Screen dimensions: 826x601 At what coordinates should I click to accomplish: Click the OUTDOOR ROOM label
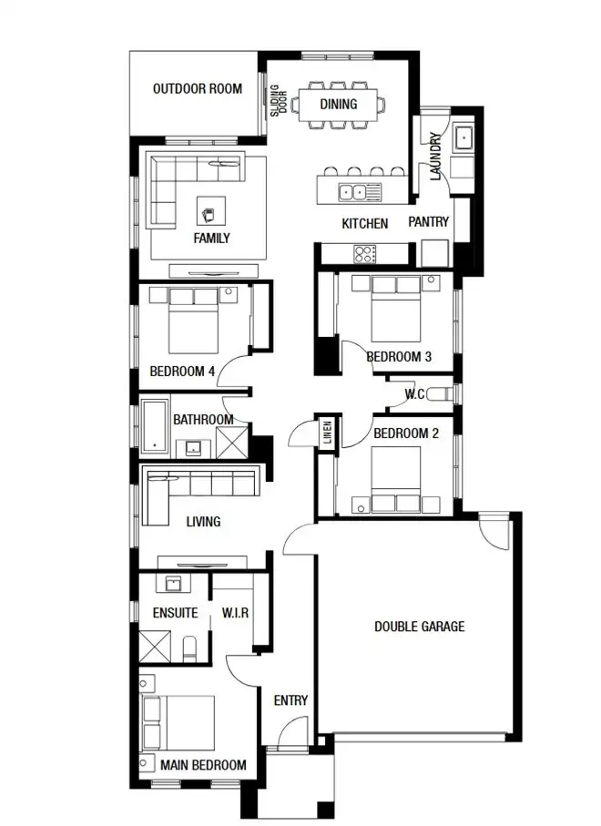(197, 89)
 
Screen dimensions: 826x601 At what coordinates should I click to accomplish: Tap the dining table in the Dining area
(338, 104)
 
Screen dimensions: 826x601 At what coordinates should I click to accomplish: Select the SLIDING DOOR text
(278, 103)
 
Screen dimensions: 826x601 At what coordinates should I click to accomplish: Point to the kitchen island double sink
(352, 191)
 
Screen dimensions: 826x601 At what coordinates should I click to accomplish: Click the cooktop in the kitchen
(365, 254)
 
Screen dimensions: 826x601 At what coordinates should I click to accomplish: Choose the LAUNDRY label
(436, 156)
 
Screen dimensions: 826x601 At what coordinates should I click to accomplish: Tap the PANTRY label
(427, 222)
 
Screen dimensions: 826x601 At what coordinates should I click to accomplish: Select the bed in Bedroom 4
(192, 323)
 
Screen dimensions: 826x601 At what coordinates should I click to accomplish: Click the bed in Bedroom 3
(395, 312)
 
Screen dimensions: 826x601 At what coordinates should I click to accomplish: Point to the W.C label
(414, 394)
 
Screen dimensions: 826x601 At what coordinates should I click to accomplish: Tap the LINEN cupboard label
(325, 433)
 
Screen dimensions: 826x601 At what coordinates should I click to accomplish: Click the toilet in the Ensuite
(188, 649)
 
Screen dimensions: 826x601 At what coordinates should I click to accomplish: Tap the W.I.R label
(236, 613)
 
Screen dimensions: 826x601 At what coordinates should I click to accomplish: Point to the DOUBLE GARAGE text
(419, 627)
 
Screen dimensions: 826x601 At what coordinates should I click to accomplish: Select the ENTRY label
(290, 700)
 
